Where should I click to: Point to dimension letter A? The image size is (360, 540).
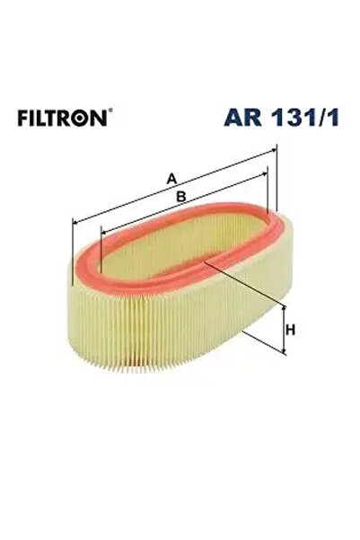[171, 177]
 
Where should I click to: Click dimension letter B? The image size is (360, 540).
[180, 196]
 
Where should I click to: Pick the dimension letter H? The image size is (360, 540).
[291, 331]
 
